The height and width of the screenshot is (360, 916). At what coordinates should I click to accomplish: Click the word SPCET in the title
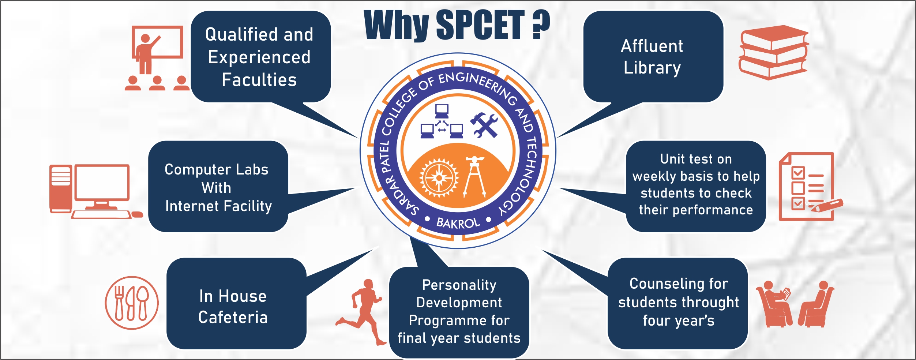tap(480, 25)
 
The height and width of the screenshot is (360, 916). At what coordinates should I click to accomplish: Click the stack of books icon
tap(774, 53)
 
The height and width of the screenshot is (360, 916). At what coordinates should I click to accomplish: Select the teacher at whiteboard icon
tap(157, 58)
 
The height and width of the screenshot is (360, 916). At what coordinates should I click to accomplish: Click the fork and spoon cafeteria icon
tap(132, 303)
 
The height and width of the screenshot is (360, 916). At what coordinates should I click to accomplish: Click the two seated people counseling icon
tap(795, 304)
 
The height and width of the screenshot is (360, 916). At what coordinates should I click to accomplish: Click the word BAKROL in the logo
tap(458, 222)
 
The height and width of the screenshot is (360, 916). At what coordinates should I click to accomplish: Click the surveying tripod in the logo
tap(475, 177)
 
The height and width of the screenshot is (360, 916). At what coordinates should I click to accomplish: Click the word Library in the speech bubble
tap(652, 68)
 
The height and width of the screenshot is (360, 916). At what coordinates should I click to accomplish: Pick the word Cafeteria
tap(233, 317)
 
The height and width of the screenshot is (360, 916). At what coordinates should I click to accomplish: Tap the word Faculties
tap(259, 80)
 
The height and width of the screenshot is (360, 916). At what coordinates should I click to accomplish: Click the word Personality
tap(459, 285)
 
